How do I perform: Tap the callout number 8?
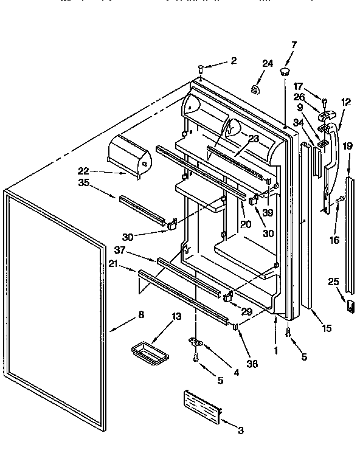coord(141,314)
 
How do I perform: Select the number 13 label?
coord(176,316)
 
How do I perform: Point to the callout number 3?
coord(241,431)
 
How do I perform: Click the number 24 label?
coord(268,63)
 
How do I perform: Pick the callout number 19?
coord(347,147)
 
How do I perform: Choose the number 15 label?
coord(327,329)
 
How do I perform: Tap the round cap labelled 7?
coord(284,73)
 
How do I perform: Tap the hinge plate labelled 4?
coord(196,342)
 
